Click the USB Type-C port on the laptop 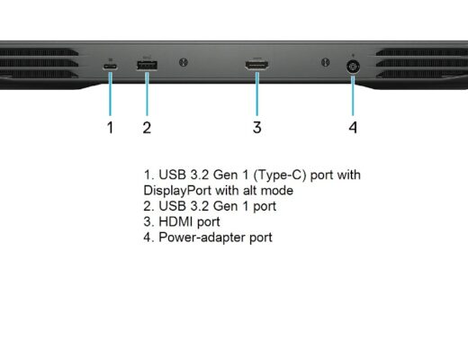(110, 67)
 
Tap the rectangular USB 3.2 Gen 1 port (147, 66)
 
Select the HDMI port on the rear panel (256, 65)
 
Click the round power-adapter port (353, 67)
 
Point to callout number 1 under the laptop (111, 128)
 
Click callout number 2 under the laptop (147, 128)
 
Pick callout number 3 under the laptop (257, 127)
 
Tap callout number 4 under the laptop (353, 128)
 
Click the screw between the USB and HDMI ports (184, 62)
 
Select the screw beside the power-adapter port (326, 62)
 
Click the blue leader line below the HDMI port (257, 94)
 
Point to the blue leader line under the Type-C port (111, 94)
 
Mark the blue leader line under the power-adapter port (353, 95)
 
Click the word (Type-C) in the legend (280, 175)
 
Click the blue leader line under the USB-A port (147, 94)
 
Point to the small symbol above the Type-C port (110, 59)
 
